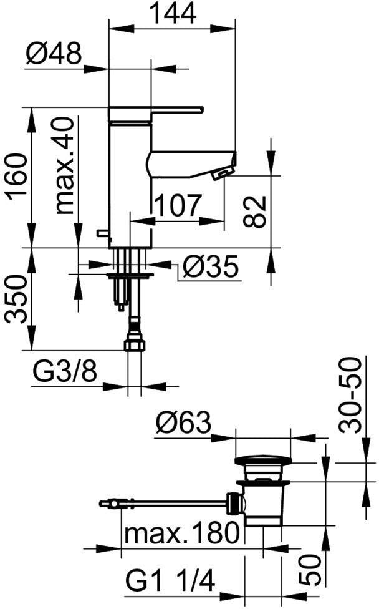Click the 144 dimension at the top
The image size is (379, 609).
pos(173,14)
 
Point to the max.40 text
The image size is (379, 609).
pos(64,166)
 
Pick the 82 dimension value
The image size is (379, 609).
pos(255,212)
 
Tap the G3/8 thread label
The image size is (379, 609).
pos(65,373)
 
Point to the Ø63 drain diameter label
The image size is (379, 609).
pos(183,422)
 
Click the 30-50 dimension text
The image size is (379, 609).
pos(350,395)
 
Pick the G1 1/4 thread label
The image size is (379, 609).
pos(170,582)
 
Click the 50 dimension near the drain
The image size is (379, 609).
pos(310,570)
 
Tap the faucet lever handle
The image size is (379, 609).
pos(156,113)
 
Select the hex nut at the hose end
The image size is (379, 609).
pos(135,345)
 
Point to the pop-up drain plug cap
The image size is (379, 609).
pos(262,460)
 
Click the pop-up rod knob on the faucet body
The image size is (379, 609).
pos(104,233)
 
